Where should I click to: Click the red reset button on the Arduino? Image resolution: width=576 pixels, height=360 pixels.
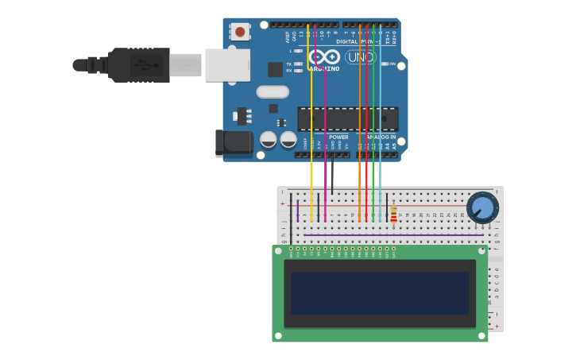pos(240,32)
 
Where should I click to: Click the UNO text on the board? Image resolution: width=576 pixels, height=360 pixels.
pos(360,57)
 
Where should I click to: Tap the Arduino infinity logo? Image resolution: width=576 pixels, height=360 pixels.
pos(324,56)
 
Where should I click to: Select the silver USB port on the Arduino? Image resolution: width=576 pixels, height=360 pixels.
pos(227,65)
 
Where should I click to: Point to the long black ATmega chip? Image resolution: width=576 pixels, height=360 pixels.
pos(347,118)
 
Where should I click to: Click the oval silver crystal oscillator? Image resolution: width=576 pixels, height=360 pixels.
pos(273,91)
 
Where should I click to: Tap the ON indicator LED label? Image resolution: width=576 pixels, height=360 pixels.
pos(390,64)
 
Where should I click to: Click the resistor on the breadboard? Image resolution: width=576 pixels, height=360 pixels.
pos(393,215)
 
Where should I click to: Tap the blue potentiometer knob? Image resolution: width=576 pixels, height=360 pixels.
pos(482,207)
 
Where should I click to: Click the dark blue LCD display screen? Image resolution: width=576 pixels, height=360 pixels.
pos(380,292)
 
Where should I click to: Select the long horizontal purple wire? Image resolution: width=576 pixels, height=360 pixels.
pos(393,235)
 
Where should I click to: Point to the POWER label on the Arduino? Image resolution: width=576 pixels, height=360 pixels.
pos(338,137)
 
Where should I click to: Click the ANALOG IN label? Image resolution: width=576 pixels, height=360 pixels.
pos(381,137)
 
